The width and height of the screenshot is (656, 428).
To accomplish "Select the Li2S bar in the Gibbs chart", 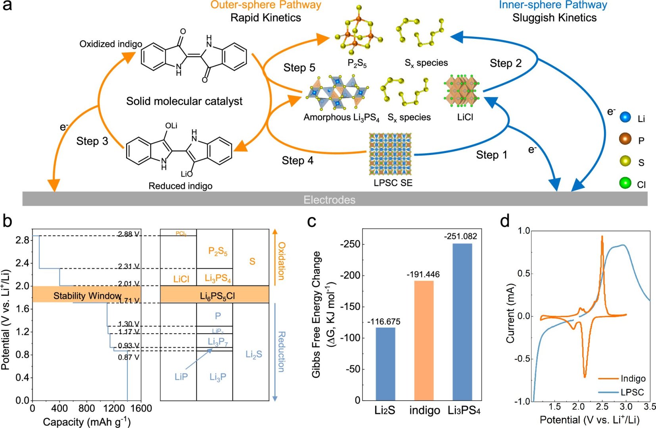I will point(385,363).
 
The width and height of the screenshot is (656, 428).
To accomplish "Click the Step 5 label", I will point(299,68).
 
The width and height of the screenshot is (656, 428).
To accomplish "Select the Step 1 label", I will point(491,155).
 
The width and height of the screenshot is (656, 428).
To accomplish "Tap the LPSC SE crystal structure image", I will point(391,154).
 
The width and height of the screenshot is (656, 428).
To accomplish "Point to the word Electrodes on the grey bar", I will point(329,200).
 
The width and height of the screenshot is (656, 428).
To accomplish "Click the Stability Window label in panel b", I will point(87,296).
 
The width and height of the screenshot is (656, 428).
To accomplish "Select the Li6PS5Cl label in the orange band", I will point(217,296).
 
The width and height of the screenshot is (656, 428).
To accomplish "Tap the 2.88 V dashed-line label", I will point(129,234).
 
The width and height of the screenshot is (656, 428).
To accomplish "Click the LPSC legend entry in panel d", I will point(632,392).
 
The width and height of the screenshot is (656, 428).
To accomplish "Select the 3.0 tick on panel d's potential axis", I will point(626,407).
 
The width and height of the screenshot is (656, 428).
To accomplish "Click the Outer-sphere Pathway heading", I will point(266,5).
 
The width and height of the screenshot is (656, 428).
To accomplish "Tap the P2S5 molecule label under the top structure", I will point(357,63).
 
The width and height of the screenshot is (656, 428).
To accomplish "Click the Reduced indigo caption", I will point(180,186).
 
